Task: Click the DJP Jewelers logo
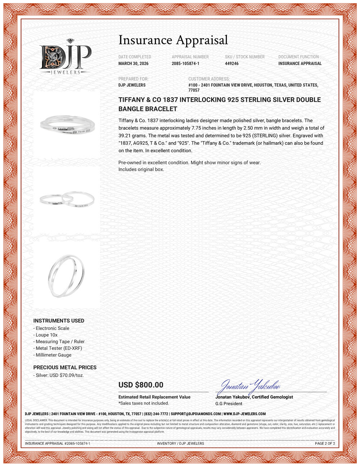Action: [x=65, y=57]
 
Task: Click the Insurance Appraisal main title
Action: [x=173, y=40]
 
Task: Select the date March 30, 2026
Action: [x=133, y=63]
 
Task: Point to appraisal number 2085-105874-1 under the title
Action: [x=185, y=63]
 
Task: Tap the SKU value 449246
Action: [x=231, y=63]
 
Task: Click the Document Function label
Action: [x=298, y=57]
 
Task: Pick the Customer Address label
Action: [x=209, y=79]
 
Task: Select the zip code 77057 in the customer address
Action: [x=194, y=90]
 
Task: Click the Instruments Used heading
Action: [x=59, y=321]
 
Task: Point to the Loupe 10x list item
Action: [x=46, y=335]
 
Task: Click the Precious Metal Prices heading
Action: [x=65, y=367]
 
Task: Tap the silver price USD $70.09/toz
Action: [x=59, y=375]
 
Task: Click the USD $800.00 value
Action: [x=141, y=385]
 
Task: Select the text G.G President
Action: [x=229, y=404]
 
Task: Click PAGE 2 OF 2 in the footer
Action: [x=325, y=443]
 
